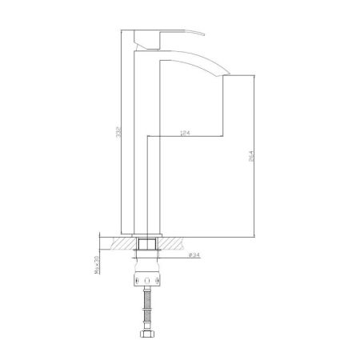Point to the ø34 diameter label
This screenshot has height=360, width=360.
pos(194,255)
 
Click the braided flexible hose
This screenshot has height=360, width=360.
pos(149,309)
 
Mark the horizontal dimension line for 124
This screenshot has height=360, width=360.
pos(192,134)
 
